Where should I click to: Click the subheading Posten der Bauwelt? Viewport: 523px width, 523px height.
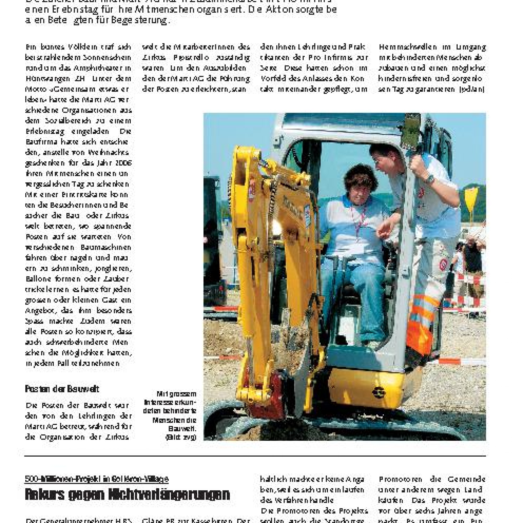click(x=62, y=389)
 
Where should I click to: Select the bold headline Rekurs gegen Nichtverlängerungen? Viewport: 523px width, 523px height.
click(x=127, y=494)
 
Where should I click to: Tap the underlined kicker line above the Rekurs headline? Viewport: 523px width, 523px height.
click(x=97, y=479)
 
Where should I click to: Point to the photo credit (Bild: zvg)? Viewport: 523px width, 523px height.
click(x=181, y=437)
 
